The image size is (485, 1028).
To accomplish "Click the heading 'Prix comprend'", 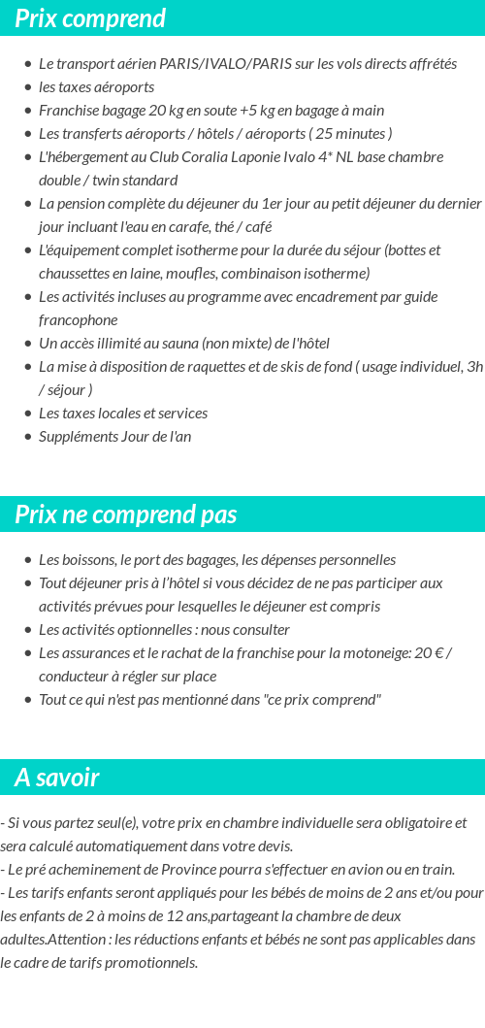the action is [90, 18].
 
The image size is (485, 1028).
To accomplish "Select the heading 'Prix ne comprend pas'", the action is [125, 514].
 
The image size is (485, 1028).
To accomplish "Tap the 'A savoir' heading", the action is [57, 778].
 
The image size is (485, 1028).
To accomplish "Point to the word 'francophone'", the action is [78, 320].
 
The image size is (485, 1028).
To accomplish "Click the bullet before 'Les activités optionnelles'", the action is [28, 631].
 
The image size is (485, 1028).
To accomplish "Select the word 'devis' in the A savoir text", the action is [273, 846].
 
